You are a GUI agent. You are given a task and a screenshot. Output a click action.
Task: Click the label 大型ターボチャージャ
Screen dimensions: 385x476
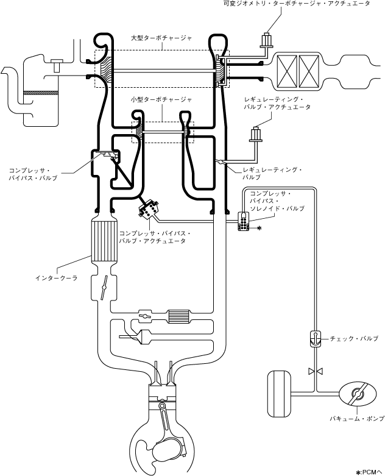click(161, 38)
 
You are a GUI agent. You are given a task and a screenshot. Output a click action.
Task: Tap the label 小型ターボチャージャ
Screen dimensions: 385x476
click(161, 99)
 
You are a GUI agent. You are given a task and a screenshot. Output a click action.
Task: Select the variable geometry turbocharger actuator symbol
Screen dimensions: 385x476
click(267, 40)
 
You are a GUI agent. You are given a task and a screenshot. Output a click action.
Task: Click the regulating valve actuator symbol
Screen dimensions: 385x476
click(255, 134)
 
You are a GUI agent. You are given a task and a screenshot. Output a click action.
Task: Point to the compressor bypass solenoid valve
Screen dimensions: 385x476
click(243, 222)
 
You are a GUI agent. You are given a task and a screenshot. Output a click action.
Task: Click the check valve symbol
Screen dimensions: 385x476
click(316, 338)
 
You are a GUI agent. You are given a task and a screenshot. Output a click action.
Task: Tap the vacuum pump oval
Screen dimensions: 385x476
click(358, 394)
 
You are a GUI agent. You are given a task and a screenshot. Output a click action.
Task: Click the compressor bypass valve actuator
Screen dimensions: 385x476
click(149, 209)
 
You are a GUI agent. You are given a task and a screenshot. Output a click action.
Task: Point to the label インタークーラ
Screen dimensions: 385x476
click(57, 278)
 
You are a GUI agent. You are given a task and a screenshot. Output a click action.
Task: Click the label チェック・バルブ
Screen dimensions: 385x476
click(354, 338)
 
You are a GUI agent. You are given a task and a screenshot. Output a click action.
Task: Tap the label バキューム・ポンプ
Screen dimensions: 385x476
click(357, 419)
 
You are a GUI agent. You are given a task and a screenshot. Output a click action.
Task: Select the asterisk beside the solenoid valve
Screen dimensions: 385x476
click(259, 228)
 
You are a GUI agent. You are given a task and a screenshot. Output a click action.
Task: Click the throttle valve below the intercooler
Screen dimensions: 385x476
click(104, 287)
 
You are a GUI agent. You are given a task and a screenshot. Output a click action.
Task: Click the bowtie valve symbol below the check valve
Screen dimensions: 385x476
click(316, 371)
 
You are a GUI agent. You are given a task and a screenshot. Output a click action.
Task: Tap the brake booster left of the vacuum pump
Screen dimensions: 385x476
click(279, 394)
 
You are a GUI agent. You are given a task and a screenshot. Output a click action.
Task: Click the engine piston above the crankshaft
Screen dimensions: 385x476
click(162, 394)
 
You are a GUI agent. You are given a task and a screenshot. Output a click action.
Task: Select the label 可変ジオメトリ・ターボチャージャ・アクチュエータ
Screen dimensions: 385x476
click(297, 4)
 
